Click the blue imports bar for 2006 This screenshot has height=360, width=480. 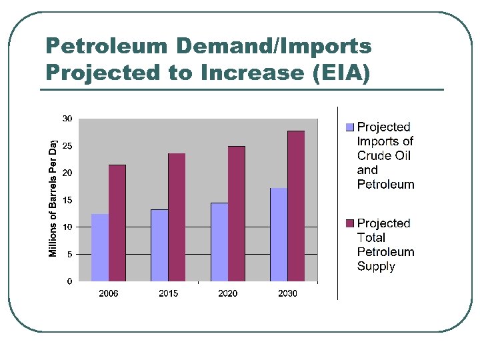(100, 247)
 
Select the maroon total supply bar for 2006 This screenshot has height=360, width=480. (117, 223)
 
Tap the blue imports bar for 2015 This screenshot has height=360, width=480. (159, 245)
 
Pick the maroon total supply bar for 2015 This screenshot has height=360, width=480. (177, 217)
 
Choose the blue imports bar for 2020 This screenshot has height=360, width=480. (219, 242)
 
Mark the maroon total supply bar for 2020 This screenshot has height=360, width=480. (237, 213)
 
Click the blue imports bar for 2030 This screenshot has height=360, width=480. (279, 235)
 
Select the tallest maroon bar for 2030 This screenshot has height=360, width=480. (296, 206)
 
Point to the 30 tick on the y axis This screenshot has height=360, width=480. (67, 119)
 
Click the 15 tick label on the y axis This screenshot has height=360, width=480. (67, 200)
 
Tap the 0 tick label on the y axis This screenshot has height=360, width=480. (69, 281)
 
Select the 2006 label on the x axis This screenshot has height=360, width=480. (109, 293)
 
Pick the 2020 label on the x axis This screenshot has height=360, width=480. (228, 293)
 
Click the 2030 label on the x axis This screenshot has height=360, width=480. (287, 293)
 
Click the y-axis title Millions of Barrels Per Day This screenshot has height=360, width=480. (53, 197)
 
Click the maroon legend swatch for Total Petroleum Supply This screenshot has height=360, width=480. (350, 223)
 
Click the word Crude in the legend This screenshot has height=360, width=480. (375, 155)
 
